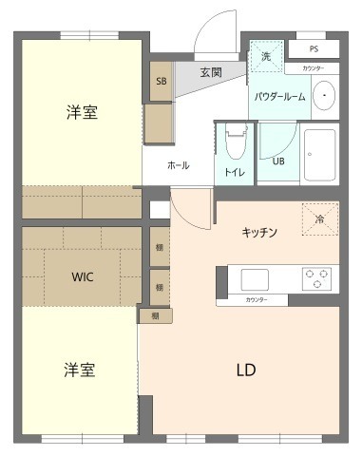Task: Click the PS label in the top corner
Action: click(x=313, y=47)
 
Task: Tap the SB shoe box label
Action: click(x=160, y=82)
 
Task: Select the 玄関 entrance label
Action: click(x=211, y=72)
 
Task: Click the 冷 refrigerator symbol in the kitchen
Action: click(x=318, y=219)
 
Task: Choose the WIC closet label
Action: click(x=83, y=278)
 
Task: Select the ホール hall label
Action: click(x=178, y=165)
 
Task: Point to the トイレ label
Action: click(x=234, y=172)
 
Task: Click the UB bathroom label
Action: click(x=278, y=161)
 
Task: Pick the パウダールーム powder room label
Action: click(x=279, y=96)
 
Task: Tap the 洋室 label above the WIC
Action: click(x=82, y=113)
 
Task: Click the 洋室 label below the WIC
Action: click(x=80, y=368)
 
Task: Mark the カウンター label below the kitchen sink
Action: click(x=256, y=300)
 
